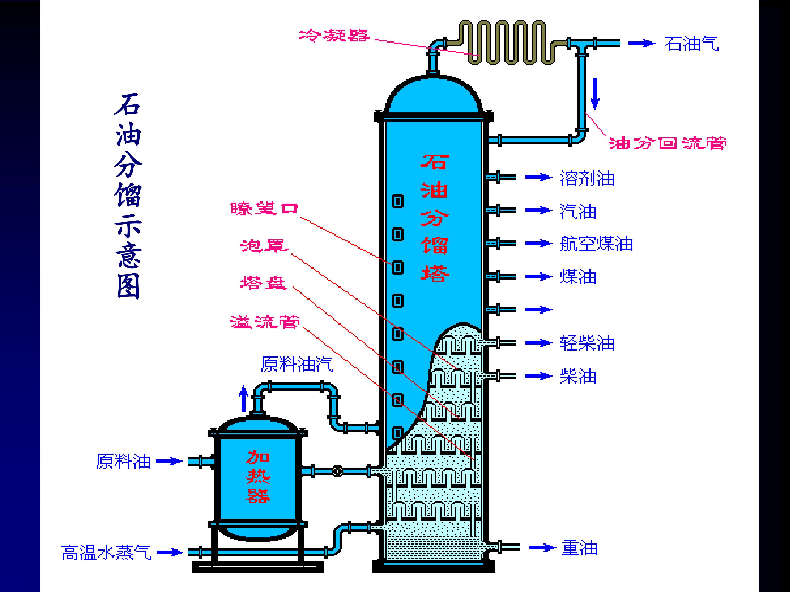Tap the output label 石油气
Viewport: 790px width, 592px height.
point(692,44)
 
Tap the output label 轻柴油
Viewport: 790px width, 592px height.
point(587,343)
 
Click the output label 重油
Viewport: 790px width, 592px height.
point(579,548)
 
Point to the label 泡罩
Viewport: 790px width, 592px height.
point(264,246)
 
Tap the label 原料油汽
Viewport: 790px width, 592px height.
point(297,364)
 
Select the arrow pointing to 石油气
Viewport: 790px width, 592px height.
point(642,44)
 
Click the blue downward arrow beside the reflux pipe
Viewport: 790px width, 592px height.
point(594,93)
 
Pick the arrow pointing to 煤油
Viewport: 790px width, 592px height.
point(538,277)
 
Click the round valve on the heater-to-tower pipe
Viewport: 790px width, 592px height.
point(337,471)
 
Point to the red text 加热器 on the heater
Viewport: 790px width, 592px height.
point(258,477)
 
